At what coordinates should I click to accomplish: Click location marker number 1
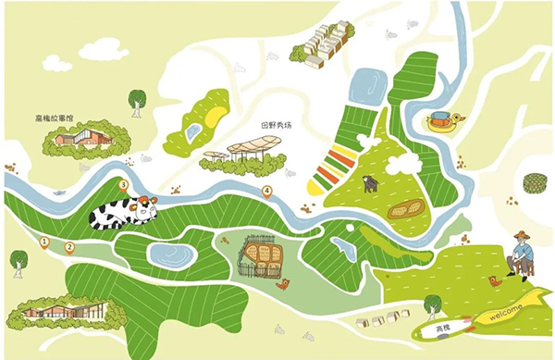coord(43,242)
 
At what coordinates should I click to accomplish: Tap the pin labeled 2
coord(69,246)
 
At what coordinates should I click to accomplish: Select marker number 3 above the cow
coord(124,185)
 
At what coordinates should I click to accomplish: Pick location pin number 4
coord(267,192)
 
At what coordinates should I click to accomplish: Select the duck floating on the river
coord(442,122)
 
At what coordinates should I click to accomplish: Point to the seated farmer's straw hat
coord(523,236)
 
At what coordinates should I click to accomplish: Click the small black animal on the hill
coord(369,184)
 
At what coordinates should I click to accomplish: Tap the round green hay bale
coord(534,182)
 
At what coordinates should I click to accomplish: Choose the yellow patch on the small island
coord(215,116)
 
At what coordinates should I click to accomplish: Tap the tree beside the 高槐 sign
coord(432,304)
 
